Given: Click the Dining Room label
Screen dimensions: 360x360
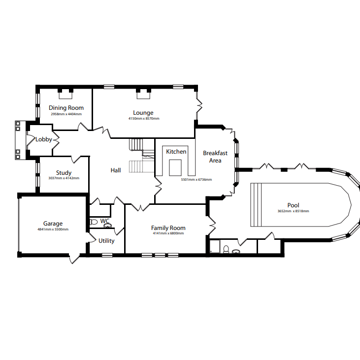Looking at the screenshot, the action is (66, 108).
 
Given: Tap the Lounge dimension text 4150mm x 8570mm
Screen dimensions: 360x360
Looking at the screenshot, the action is (144, 119).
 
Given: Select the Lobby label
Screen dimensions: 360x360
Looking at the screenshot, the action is (44, 139).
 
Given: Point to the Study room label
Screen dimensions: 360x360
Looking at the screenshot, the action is (64, 173).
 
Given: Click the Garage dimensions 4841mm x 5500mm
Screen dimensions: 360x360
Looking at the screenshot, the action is (53, 229).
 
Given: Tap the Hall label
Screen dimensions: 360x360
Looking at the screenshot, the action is (116, 170).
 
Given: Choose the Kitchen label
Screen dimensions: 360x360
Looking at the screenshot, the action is (176, 152).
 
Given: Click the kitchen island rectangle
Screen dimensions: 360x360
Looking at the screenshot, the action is (175, 168).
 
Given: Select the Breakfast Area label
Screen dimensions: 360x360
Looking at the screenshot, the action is (215, 157).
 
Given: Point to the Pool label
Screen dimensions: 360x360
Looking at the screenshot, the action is (293, 205).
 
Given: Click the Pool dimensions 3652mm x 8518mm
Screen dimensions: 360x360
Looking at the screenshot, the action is (293, 211).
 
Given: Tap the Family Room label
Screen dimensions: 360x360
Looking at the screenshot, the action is (168, 228).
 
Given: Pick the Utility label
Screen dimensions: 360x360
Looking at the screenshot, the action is (106, 241).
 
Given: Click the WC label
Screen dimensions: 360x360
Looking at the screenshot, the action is (105, 221).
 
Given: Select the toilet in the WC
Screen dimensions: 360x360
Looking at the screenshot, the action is (94, 222).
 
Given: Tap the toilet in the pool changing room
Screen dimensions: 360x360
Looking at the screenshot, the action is (226, 249).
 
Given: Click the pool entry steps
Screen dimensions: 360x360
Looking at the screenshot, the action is (256, 205).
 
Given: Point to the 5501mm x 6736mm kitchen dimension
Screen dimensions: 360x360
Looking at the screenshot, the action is (196, 180).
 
